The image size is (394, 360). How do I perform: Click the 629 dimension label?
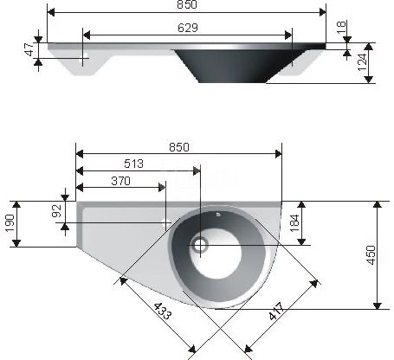pyautogui.click(x=188, y=28)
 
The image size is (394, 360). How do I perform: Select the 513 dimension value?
pyautogui.click(x=133, y=164)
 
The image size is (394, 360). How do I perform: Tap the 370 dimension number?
pyautogui.click(x=120, y=181)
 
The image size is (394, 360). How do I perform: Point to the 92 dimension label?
pyautogui.click(x=57, y=210)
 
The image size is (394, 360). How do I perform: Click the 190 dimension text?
pyautogui.click(x=10, y=223)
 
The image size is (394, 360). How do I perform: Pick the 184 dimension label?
pyautogui.click(x=294, y=223)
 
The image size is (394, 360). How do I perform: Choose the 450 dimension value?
pyautogui.click(x=371, y=255)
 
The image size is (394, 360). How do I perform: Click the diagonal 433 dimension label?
pyautogui.click(x=162, y=311)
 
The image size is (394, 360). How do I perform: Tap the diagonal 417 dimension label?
pyautogui.click(x=277, y=312)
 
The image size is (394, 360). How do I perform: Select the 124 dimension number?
pyautogui.click(x=362, y=62)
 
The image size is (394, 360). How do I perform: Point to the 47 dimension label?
pyautogui.click(x=29, y=49)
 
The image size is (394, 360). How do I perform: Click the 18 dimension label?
pyautogui.click(x=341, y=27)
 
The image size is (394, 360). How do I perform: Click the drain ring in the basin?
pyautogui.click(x=200, y=245)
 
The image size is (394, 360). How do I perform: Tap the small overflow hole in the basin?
pyautogui.click(x=218, y=215)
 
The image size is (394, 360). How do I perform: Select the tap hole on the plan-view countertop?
pyautogui.click(x=165, y=222)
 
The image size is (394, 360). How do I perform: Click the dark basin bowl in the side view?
pyautogui.click(x=238, y=66)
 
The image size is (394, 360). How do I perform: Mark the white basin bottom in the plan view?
pyautogui.click(x=216, y=254)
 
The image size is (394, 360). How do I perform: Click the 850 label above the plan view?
pyautogui.click(x=179, y=147)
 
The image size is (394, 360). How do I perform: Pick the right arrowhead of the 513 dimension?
pyautogui.click(x=197, y=170)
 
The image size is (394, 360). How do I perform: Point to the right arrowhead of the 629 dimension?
pyautogui.click(x=288, y=35)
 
